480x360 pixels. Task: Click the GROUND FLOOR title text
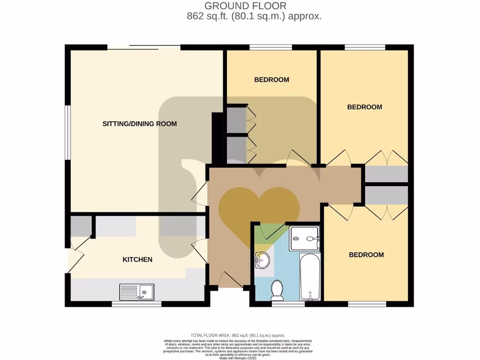click(x=245, y=6)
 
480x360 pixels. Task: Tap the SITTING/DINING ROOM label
click(x=140, y=124)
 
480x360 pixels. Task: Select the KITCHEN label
click(x=137, y=259)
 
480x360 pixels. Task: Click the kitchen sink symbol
click(x=136, y=292)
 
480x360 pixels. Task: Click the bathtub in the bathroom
click(x=310, y=277)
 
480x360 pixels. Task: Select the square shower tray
click(x=304, y=238)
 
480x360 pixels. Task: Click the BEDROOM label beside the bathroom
click(x=366, y=255)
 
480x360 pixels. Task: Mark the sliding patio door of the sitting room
click(x=143, y=47)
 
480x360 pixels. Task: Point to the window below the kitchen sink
click(x=136, y=304)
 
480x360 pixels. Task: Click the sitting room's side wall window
click(x=67, y=132)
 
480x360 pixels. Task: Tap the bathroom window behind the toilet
click(x=288, y=304)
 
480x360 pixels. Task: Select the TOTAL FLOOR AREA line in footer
click(x=238, y=335)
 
